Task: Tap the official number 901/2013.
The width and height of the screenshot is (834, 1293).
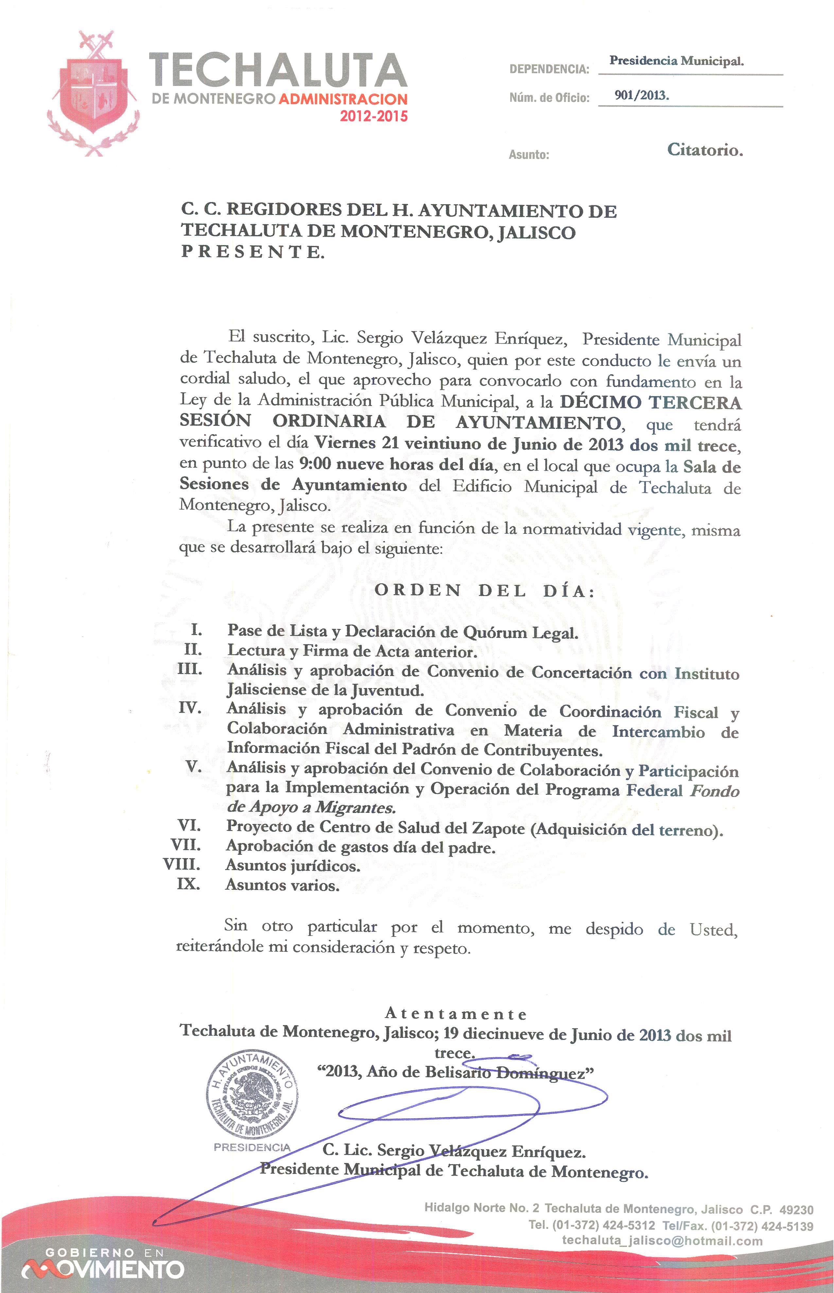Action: click(642, 96)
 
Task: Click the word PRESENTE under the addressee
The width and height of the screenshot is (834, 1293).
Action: click(253, 252)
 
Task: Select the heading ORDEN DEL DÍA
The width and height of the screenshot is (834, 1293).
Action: click(485, 591)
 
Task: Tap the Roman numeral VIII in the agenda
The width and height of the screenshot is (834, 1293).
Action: click(182, 865)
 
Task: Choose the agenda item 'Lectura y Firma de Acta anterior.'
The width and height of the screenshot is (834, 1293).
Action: click(352, 651)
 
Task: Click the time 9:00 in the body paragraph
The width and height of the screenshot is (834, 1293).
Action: click(315, 464)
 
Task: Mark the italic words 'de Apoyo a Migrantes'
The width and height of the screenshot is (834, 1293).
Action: click(311, 808)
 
